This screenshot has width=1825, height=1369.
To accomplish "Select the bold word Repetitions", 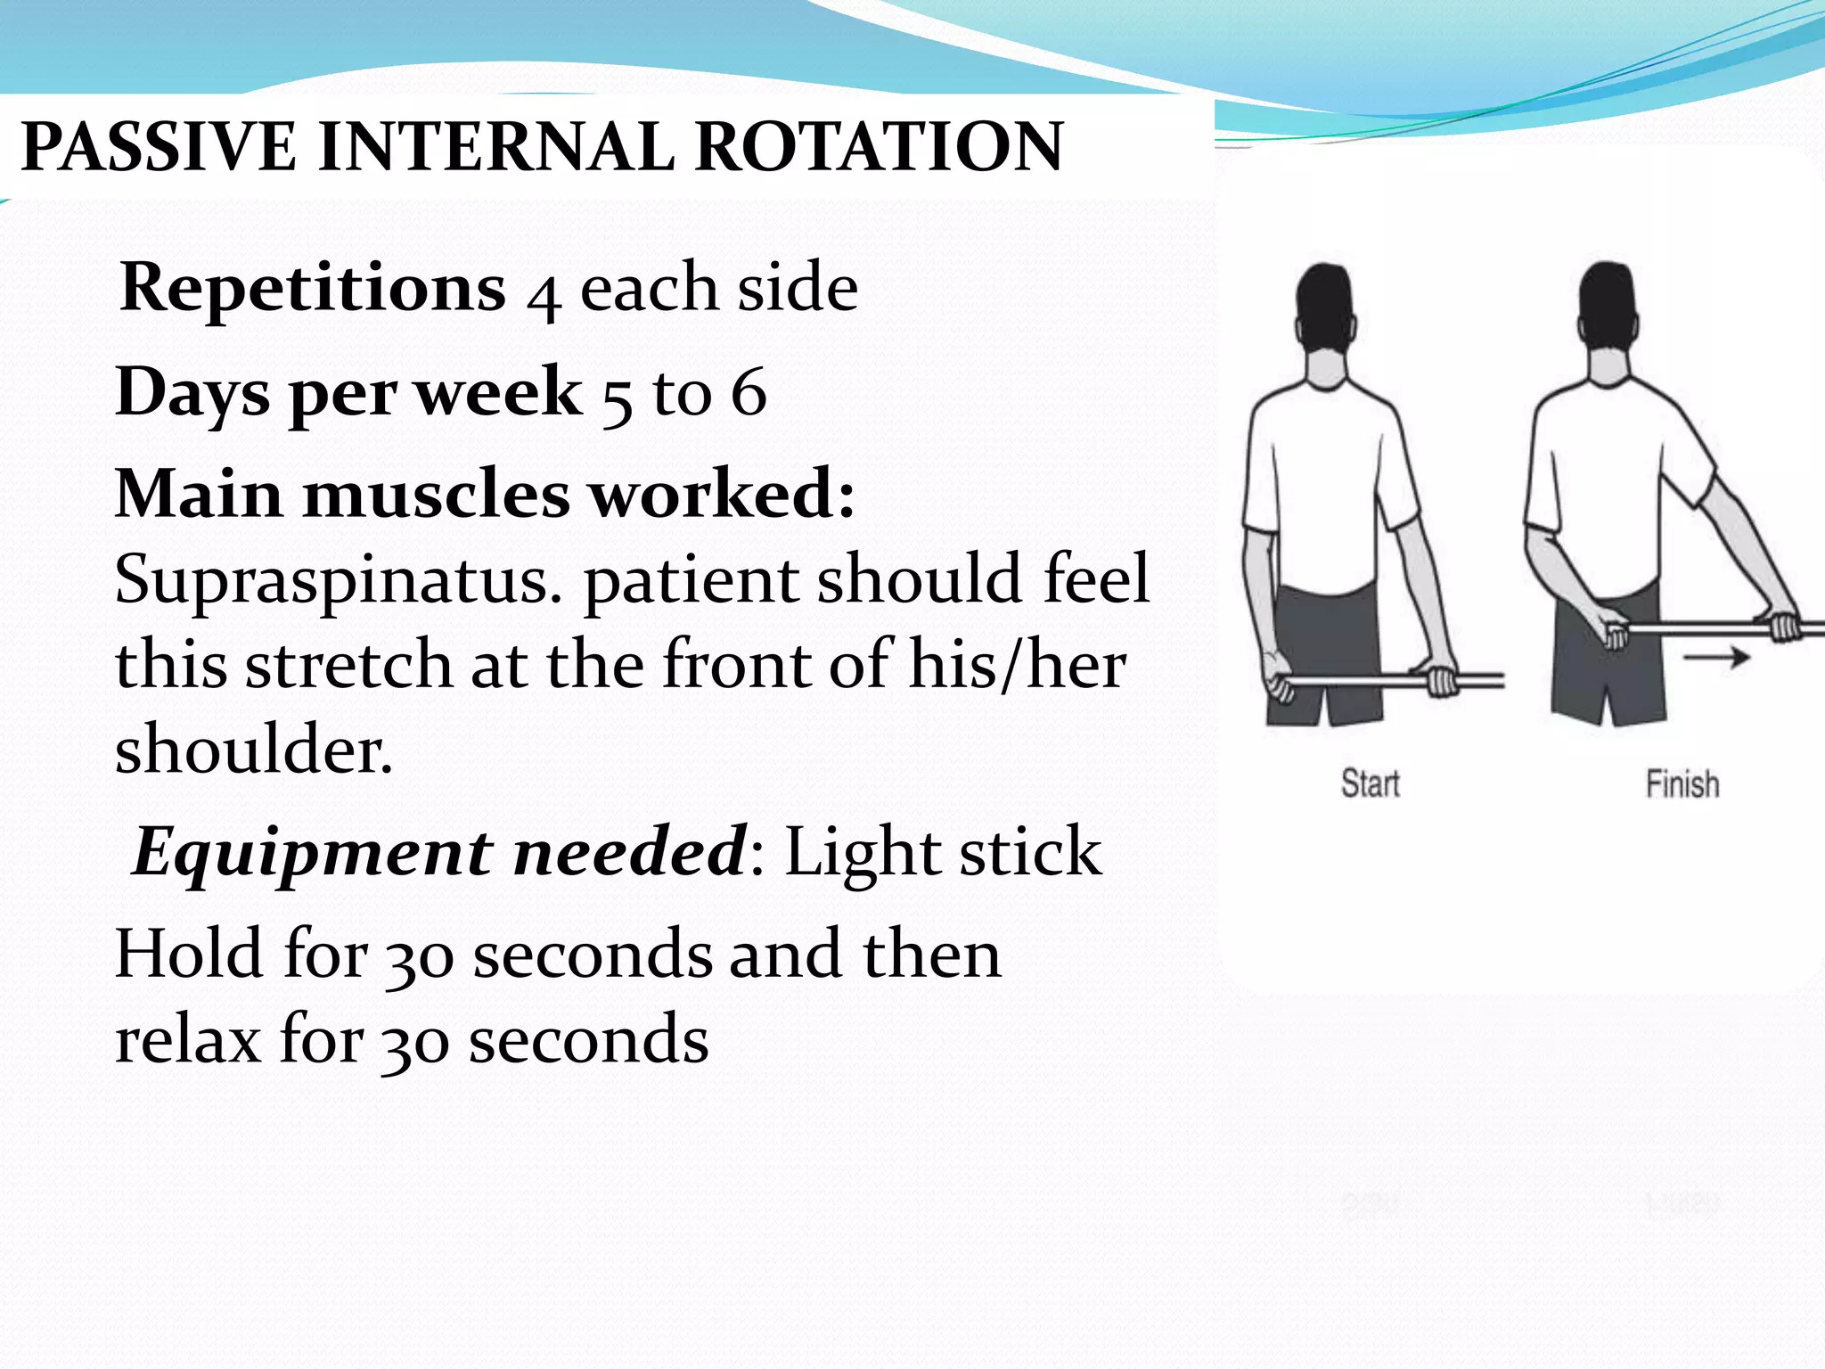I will [x=313, y=289].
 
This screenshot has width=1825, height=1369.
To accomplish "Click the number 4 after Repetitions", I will [x=543, y=294].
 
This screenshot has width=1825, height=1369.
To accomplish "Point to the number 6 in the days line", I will [x=749, y=392].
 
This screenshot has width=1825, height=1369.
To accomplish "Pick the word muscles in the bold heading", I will [x=437, y=495].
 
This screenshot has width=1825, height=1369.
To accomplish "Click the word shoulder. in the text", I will [x=254, y=750].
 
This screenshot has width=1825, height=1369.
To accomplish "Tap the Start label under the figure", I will [x=1370, y=783].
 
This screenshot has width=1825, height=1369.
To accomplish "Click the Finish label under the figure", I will [x=1682, y=783].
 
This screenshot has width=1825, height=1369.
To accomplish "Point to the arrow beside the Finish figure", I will [x=1715, y=658].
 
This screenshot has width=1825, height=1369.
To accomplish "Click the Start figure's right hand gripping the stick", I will [x=1442, y=679].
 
